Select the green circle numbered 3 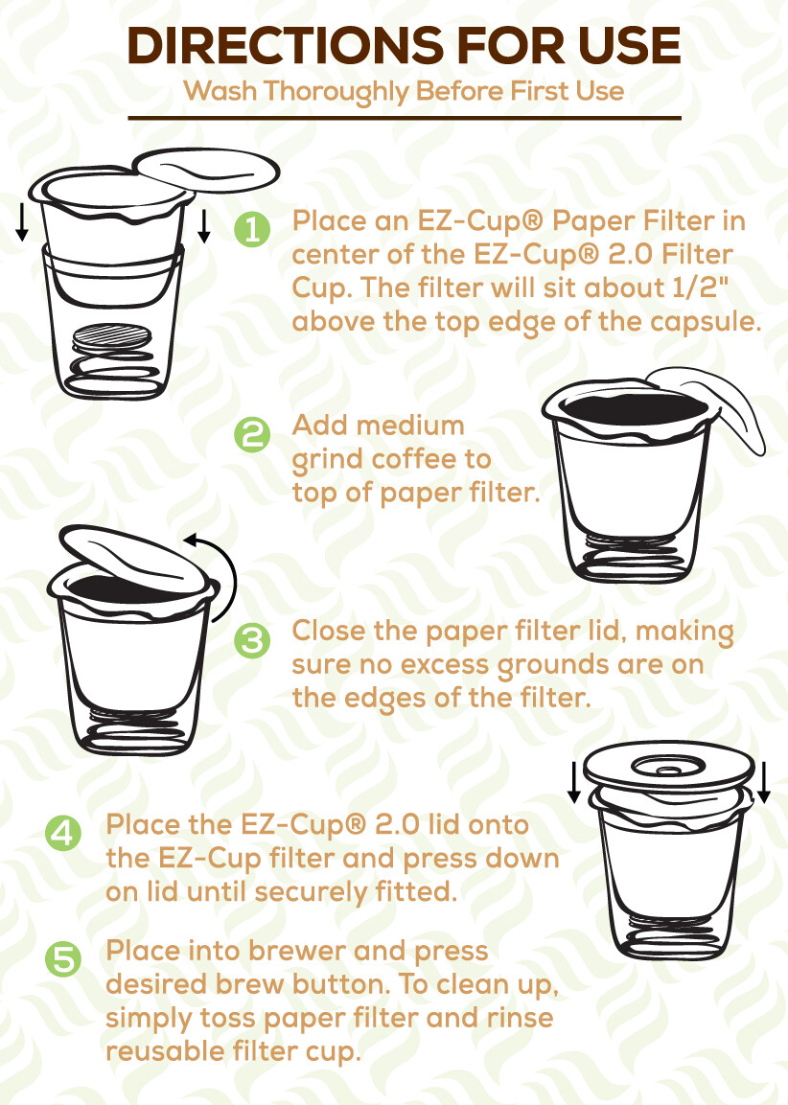pos(252,640)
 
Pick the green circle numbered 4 pos(63,832)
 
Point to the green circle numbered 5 pos(63,959)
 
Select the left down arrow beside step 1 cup pos(22,222)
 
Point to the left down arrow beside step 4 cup pos(573,781)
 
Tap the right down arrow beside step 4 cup pos(763,781)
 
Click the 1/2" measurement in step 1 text pos(710,288)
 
